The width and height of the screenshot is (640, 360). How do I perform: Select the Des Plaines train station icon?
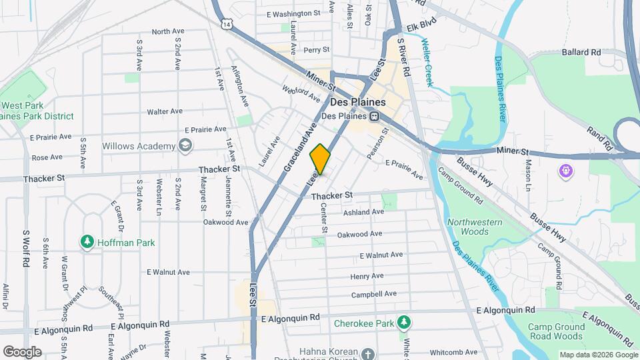(375, 116)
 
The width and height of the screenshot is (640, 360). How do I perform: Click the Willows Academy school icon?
(184, 145)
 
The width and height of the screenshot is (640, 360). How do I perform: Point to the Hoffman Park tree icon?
(86, 243)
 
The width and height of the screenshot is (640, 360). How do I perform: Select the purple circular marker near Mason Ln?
(566, 171)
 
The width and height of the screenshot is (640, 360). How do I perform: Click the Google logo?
(22, 351)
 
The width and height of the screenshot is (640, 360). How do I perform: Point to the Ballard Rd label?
(581, 52)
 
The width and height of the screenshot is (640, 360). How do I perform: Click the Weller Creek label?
(427, 63)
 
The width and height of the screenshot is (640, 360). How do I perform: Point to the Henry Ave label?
(367, 276)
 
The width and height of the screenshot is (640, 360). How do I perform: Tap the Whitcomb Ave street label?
(453, 352)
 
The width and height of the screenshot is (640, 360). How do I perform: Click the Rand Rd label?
(599, 135)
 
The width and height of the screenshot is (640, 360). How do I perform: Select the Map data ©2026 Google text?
(597, 355)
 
